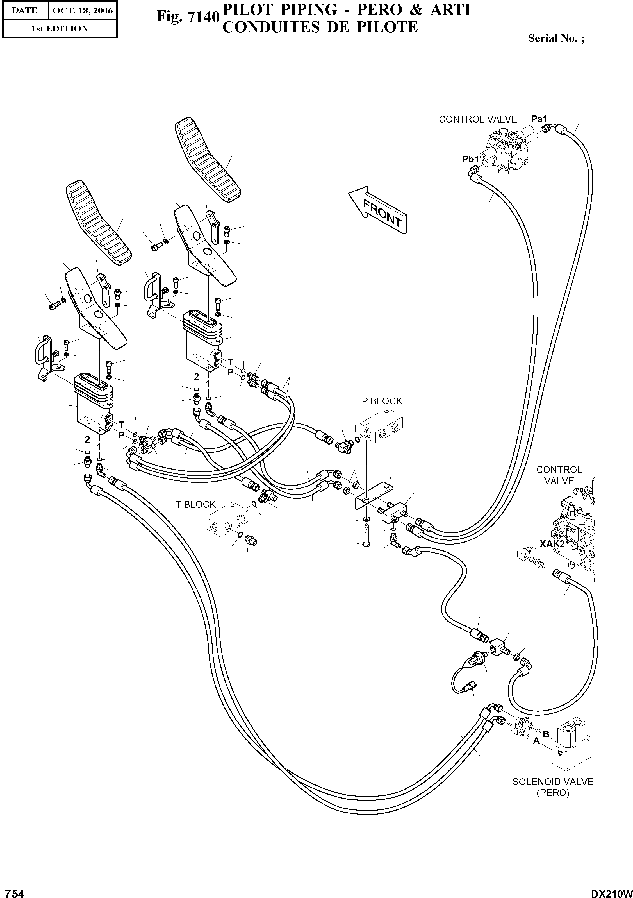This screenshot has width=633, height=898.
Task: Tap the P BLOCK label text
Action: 382,401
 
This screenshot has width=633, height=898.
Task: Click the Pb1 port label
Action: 470,159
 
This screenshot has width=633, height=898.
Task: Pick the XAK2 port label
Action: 552,544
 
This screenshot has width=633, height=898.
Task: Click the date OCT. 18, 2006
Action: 83,11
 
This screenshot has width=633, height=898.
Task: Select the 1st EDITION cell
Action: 60,29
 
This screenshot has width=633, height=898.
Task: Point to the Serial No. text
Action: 556,38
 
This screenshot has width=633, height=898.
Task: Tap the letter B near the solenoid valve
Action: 546,734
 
